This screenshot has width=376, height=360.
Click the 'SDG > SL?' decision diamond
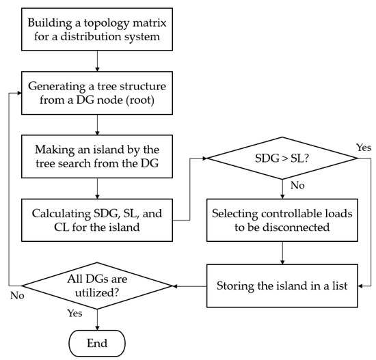[282, 159]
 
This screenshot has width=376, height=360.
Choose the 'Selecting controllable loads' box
[282, 220]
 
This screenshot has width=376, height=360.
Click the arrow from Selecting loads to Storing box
[282, 253]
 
